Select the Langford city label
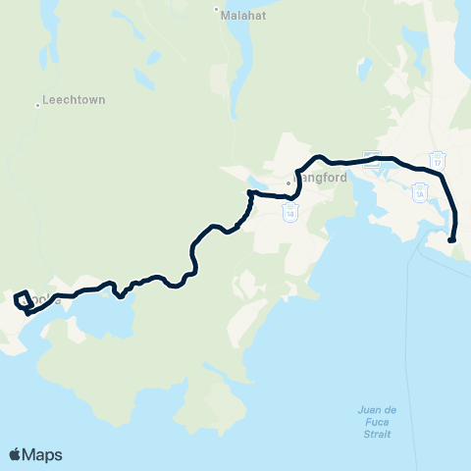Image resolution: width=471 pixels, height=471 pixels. tap(316, 182)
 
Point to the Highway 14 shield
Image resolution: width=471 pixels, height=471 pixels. tap(289, 211)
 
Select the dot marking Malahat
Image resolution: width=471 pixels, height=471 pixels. tap(217, 9)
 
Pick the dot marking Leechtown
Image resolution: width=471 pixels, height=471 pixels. tap(38, 104)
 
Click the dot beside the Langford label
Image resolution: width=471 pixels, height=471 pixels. tap(289, 183)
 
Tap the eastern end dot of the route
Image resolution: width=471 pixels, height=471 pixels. tap(451, 239)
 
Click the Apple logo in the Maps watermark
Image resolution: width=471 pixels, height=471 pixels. tap(16, 454)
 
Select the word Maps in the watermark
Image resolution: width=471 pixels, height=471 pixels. tap(43, 454)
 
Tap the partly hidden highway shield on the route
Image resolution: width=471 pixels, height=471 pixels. tap(371, 159)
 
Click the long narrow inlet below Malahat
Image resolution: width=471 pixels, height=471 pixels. tap(238, 44)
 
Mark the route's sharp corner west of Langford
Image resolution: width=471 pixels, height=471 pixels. tap(251, 192)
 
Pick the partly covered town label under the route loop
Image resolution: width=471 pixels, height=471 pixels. tap(44, 300)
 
